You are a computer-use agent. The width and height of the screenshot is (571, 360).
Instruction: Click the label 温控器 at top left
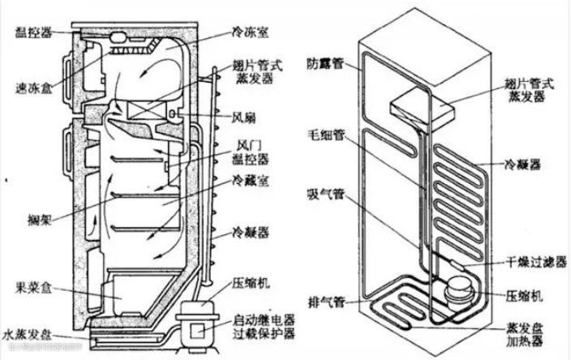30,32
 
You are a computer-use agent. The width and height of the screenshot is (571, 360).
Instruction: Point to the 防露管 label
324,62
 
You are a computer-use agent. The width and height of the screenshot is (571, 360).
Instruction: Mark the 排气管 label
324,302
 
